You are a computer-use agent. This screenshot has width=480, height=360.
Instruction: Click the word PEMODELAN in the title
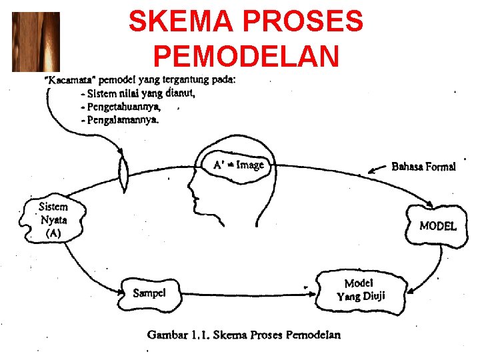pyautogui.click(x=246, y=56)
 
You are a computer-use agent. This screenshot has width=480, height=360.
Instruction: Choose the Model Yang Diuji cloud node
pyautogui.click(x=360, y=290)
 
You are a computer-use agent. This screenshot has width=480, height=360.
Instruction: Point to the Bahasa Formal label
pyautogui.click(x=423, y=167)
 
